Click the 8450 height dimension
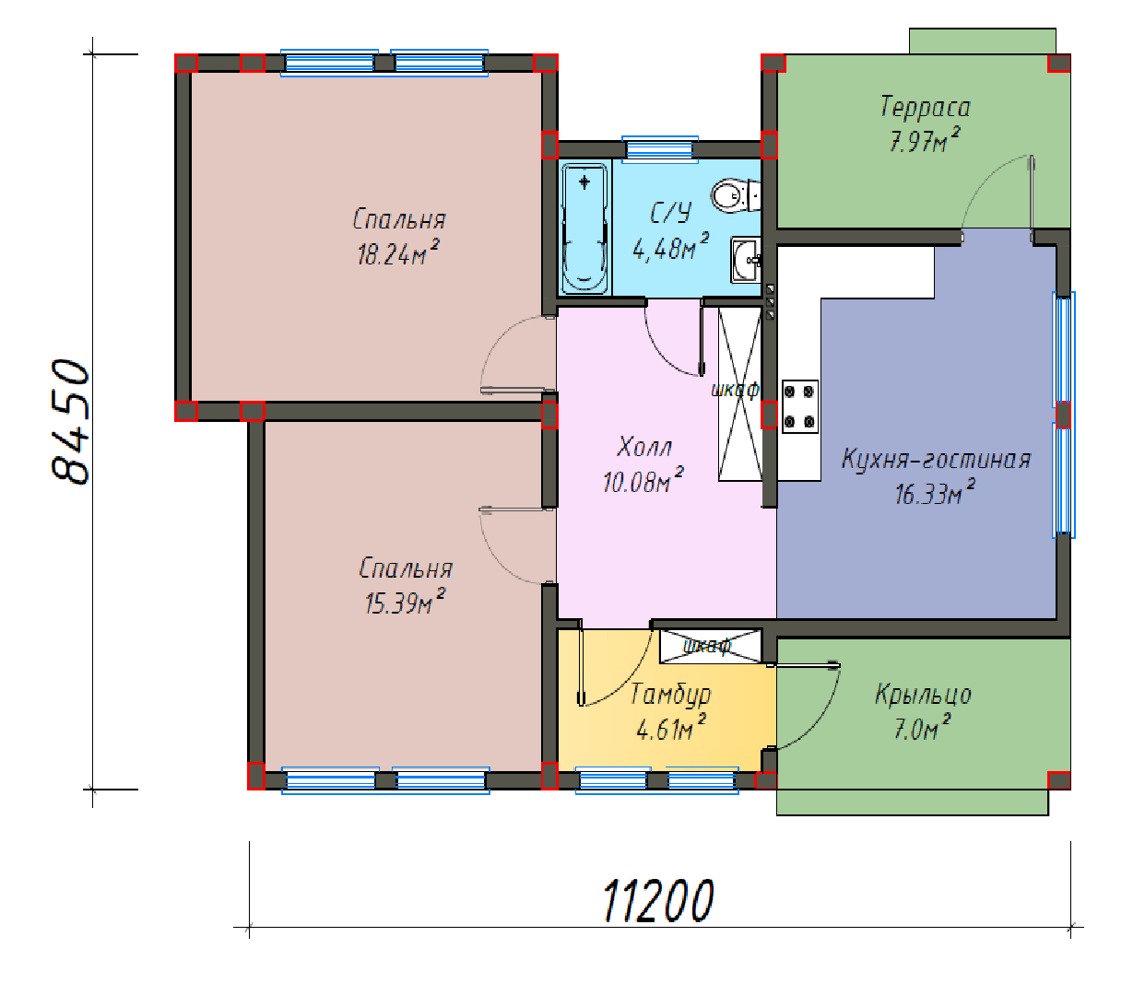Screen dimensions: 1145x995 click(70, 422)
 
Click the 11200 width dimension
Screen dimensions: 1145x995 click(658, 901)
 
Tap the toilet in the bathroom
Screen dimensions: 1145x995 click(736, 195)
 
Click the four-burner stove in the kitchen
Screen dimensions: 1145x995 click(799, 406)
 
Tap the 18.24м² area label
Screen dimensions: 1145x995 click(398, 254)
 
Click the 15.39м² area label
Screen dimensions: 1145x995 click(405, 602)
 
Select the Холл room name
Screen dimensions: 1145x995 click(644, 447)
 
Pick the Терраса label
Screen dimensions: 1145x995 click(925, 107)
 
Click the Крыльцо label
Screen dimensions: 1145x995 click(923, 696)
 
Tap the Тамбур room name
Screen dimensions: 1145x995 click(670, 695)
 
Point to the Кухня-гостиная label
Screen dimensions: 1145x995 click(936, 459)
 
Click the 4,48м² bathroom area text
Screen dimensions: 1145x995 click(671, 247)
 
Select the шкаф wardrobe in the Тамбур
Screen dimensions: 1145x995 click(710, 647)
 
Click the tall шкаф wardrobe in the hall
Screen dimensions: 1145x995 click(740, 393)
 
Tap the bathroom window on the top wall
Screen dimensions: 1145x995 click(660, 149)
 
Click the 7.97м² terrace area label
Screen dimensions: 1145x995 click(925, 141)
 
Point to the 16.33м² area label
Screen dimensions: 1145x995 click(935, 493)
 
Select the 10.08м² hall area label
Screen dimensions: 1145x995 click(643, 480)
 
